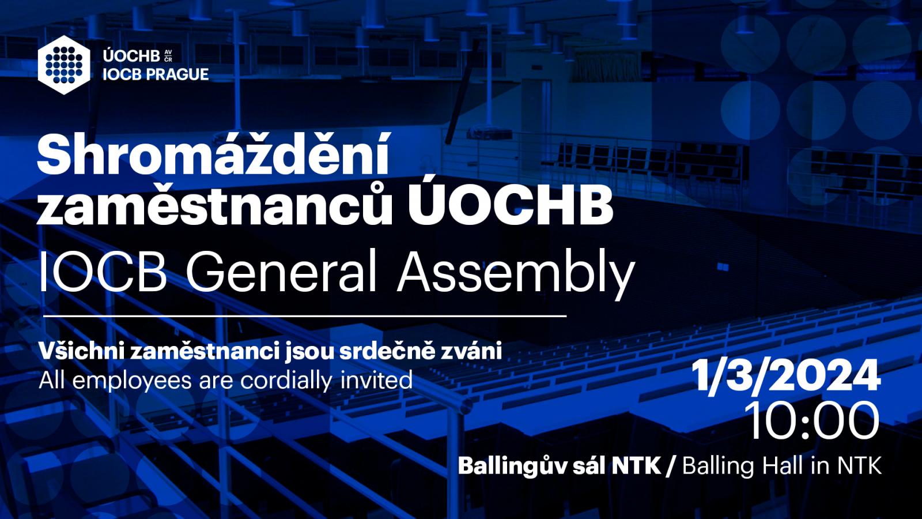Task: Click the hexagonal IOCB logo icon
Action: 64,65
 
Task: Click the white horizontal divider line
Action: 305,317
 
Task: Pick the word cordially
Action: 286,381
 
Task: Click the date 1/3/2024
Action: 785,375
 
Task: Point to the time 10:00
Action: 813,421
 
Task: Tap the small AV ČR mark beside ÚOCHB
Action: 168,56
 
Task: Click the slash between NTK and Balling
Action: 671,467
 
